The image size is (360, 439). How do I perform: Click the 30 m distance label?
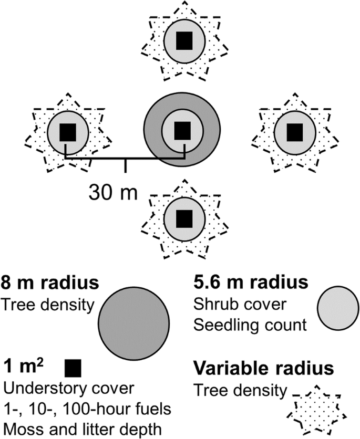click(x=112, y=193)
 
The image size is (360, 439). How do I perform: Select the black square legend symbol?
click(x=74, y=368)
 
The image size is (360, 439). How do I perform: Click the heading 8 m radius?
click(x=50, y=284)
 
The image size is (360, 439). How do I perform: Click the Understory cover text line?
click(x=69, y=389)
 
